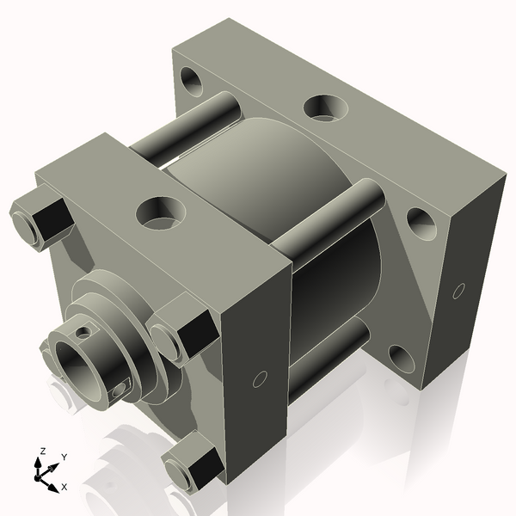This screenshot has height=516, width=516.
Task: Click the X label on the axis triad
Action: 64,487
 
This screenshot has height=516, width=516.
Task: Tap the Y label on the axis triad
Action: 64,457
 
